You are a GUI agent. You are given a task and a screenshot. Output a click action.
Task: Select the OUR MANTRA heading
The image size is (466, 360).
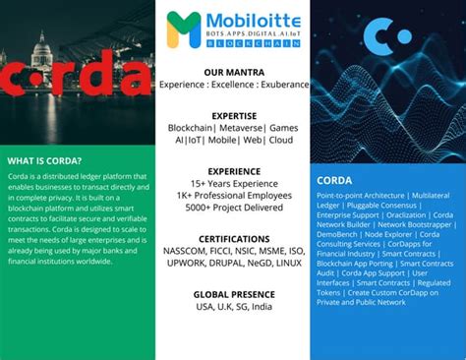click(232, 73)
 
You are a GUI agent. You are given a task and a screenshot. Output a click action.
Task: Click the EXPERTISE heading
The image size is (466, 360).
click(232, 115)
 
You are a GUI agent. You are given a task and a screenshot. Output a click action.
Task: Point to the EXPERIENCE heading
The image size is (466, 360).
click(232, 170)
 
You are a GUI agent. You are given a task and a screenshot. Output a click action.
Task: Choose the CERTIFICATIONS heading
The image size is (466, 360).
click(232, 239)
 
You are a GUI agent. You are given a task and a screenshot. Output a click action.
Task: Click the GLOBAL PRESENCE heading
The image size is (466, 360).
click(232, 294)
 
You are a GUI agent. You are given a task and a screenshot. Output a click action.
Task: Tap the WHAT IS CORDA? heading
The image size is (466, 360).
click(44, 160)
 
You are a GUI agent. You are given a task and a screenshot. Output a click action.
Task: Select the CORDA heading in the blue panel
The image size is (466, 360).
click(334, 180)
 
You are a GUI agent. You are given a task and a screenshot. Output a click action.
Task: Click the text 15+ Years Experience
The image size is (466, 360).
click(232, 183)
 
